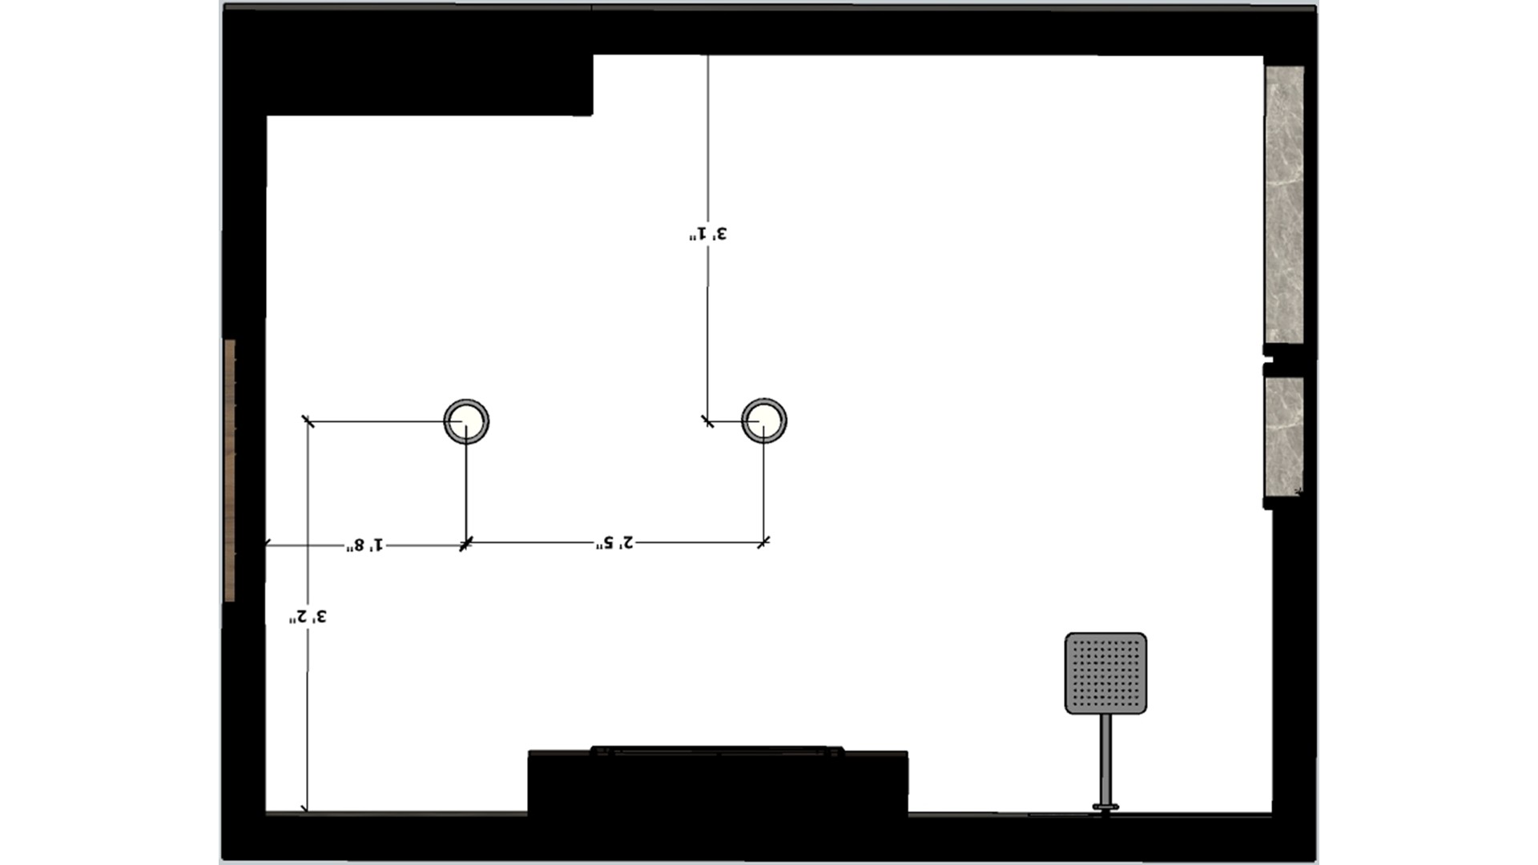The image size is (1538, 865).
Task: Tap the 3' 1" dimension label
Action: click(708, 234)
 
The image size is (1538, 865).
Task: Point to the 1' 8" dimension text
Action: click(364, 545)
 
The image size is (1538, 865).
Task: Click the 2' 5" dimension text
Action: click(614, 542)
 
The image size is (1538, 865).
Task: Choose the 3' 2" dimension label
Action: click(308, 617)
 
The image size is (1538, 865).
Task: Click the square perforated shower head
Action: click(1105, 673)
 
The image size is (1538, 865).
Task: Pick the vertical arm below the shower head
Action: click(1105, 758)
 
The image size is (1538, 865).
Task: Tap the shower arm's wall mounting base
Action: click(1105, 808)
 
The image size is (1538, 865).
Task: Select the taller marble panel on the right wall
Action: click(1284, 204)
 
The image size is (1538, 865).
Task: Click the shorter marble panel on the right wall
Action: click(1284, 437)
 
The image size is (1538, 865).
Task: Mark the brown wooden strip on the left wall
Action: click(230, 470)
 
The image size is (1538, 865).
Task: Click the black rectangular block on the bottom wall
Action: click(718, 783)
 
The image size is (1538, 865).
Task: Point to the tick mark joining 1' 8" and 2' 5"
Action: click(466, 545)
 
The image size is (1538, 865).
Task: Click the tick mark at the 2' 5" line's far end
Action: click(763, 542)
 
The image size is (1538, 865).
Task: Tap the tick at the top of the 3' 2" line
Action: click(308, 421)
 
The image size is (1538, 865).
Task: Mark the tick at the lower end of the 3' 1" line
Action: click(707, 421)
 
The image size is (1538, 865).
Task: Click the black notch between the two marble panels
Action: click(1284, 360)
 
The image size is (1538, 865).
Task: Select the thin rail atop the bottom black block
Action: click(717, 751)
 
